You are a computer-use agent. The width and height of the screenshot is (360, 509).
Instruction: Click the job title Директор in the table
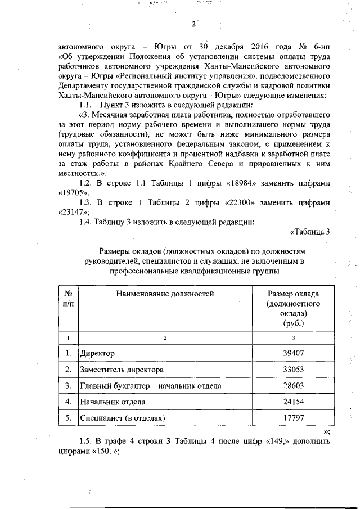(98, 353)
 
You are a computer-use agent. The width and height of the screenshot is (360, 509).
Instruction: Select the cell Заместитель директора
(122, 370)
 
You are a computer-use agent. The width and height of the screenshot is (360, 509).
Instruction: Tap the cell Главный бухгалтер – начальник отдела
(151, 386)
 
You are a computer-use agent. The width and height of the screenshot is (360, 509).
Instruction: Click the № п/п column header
(67, 299)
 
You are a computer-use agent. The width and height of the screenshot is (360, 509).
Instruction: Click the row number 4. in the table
(67, 402)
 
